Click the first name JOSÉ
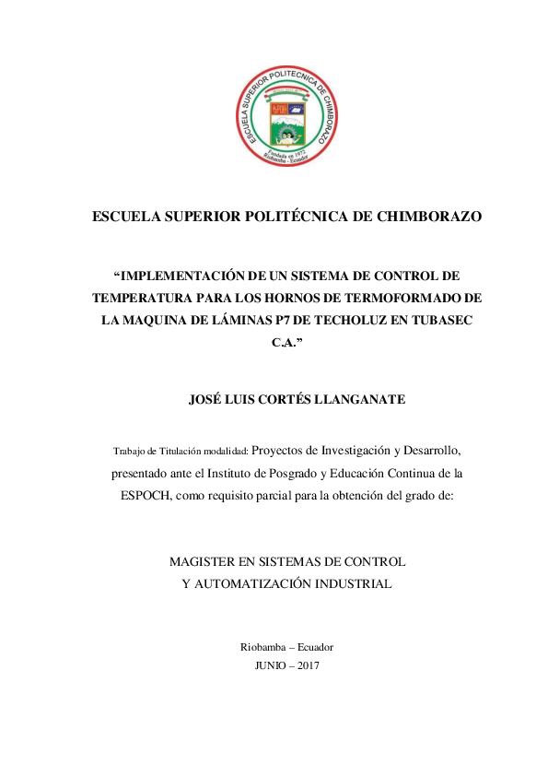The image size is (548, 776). (x=204, y=400)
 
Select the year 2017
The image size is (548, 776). (x=308, y=664)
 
